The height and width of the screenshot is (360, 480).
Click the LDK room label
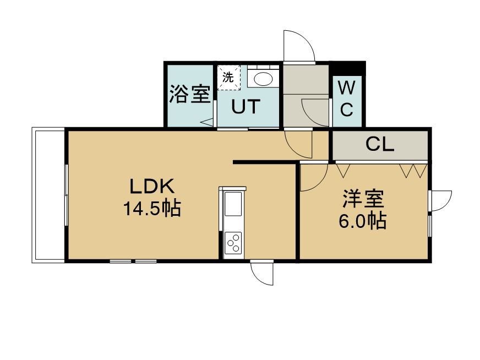point(152,186)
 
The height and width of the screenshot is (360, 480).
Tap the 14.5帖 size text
point(152,208)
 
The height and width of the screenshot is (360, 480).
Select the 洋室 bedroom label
point(363,199)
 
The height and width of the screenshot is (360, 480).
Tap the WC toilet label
point(347,99)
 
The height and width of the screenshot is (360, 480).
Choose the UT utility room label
point(246,107)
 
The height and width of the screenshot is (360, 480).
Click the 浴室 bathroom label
point(190,94)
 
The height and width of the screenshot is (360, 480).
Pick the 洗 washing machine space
point(228,78)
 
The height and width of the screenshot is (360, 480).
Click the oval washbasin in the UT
point(263,79)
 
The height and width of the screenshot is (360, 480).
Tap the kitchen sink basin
point(233,204)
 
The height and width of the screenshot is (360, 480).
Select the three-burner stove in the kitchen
point(233,243)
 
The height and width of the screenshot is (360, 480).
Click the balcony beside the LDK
point(48,195)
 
